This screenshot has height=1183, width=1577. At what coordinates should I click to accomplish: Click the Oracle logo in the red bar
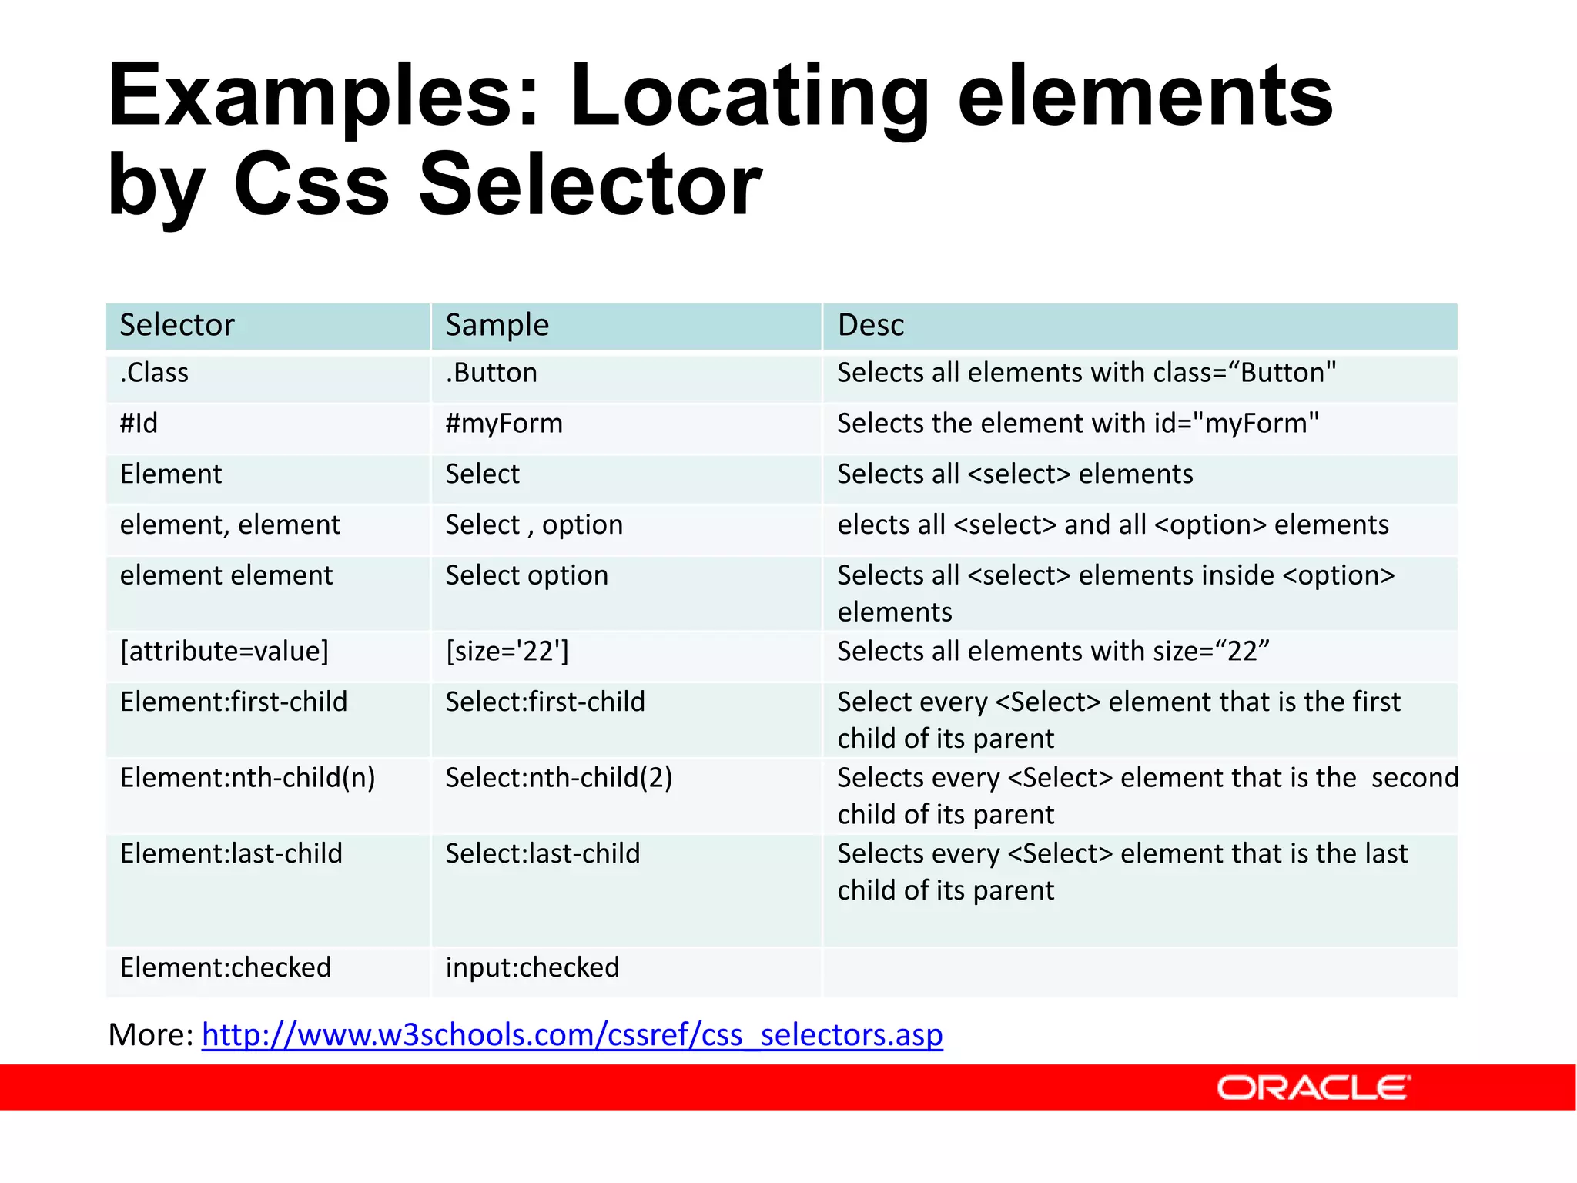click(x=1312, y=1087)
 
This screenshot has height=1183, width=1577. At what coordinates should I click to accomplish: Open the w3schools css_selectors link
click(x=571, y=1034)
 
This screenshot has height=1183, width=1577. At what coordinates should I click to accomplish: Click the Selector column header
click(x=177, y=325)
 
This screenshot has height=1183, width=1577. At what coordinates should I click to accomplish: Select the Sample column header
click(x=497, y=325)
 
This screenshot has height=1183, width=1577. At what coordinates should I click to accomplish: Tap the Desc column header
click(x=870, y=325)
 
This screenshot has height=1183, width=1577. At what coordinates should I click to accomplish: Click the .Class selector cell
click(x=154, y=373)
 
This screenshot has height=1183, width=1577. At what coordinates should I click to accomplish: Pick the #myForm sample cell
click(x=504, y=424)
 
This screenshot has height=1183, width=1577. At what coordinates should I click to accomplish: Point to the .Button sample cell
click(x=491, y=373)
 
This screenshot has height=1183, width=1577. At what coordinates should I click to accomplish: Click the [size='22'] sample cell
click(x=507, y=652)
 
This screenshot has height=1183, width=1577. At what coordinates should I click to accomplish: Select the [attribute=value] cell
click(x=224, y=652)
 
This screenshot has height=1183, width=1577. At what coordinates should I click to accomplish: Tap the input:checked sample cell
click(x=532, y=967)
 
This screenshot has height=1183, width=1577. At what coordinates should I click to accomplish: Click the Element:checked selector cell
click(x=226, y=967)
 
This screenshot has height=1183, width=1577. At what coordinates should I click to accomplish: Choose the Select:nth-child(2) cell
click(x=559, y=778)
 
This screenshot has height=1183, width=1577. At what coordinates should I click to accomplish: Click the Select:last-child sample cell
click(x=543, y=853)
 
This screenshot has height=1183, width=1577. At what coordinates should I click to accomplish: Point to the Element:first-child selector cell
click(x=233, y=702)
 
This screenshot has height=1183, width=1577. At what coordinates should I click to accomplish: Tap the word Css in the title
click(x=311, y=185)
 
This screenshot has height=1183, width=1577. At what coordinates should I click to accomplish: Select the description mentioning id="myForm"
click(x=1078, y=424)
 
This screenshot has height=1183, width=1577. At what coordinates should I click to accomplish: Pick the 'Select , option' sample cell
click(x=534, y=524)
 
